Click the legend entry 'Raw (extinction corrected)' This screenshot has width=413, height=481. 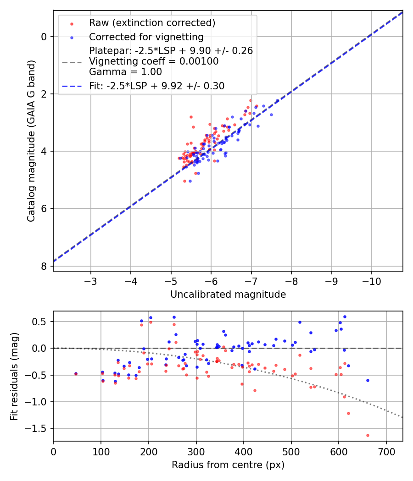point(152,23)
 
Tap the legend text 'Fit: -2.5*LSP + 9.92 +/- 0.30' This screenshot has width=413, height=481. point(156,86)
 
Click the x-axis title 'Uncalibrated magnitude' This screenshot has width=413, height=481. point(228,295)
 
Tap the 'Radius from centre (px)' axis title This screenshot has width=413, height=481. point(228,465)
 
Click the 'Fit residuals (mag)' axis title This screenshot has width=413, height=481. point(14,376)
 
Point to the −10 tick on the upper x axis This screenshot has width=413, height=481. point(371,281)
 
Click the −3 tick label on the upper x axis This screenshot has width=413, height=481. point(90,281)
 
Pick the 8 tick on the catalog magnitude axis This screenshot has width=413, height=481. point(44,266)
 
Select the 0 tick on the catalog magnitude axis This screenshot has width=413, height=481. point(44,37)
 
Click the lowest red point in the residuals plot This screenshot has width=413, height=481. point(368,435)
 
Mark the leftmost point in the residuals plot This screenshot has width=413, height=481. point(76,374)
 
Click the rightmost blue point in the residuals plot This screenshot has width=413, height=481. point(368,380)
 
